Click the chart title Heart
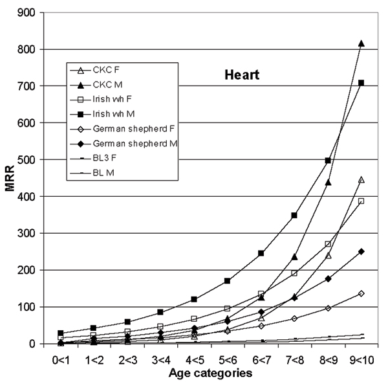tap(237, 75)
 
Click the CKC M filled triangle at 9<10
tap(361, 43)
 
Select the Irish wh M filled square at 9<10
tap(361, 83)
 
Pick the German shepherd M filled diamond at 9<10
tap(361, 251)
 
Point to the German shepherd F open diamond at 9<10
tap(361, 293)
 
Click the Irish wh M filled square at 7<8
tap(294, 215)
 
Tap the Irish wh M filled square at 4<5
tap(194, 299)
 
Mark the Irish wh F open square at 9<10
tap(361, 201)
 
